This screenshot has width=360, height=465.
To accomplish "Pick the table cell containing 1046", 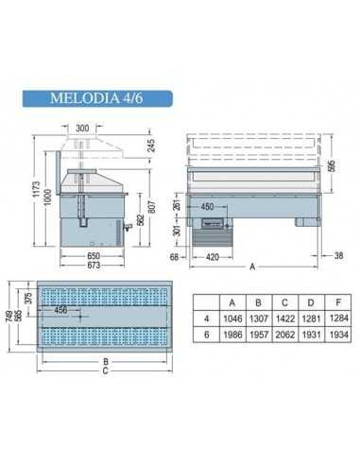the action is point(232,318).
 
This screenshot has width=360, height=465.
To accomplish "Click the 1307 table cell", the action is point(257,318).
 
